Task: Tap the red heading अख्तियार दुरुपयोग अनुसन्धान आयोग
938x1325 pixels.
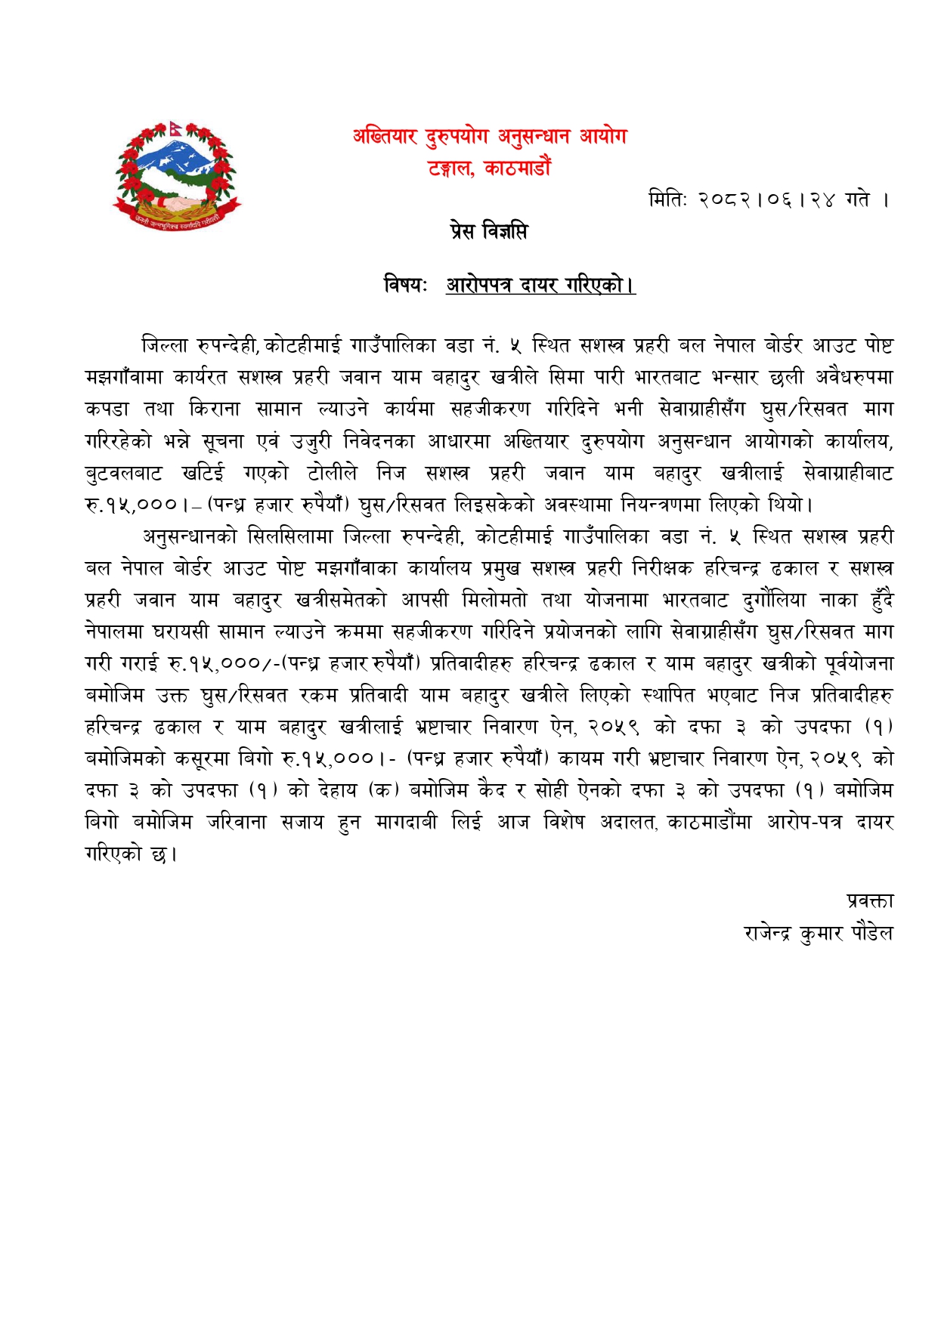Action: pos(489,137)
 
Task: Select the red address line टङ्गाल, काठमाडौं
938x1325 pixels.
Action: pos(489,167)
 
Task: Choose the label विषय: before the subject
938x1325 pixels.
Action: pos(406,286)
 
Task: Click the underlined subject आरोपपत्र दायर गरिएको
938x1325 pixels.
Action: pos(540,286)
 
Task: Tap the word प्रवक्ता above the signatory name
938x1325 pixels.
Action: pos(870,900)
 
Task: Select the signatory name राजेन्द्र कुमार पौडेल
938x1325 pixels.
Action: pos(818,934)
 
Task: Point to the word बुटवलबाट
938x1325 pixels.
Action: pos(123,474)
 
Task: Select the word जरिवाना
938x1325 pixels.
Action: pos(237,822)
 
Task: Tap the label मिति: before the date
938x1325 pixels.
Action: pos(667,200)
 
